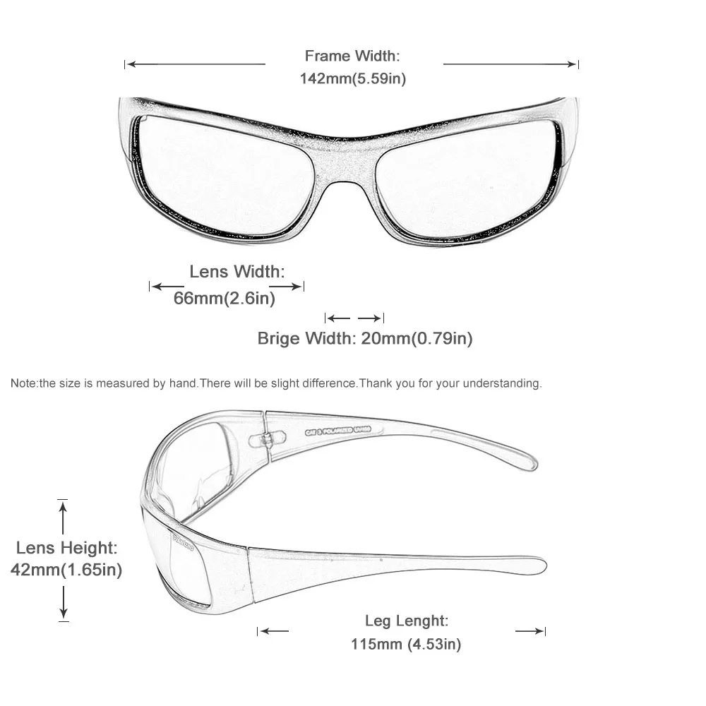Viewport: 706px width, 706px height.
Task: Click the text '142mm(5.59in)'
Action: pos(352,78)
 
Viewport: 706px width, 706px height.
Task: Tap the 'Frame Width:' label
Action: pos(352,56)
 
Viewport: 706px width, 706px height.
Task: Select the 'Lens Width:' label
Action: pos(237,271)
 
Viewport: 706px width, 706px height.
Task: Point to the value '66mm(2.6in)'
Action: pos(225,299)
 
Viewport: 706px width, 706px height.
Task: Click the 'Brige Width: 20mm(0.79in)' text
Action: pos(365,338)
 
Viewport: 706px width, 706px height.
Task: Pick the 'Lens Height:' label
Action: pos(66,547)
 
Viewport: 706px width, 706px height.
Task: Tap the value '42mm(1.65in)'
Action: pos(66,570)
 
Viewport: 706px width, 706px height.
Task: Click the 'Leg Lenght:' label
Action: pos(407,621)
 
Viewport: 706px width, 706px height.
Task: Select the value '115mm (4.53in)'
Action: pos(406,644)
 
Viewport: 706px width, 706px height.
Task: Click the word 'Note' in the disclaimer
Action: pos(23,384)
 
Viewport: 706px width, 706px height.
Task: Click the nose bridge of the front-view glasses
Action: pos(345,166)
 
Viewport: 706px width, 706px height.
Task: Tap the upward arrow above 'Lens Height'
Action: pos(64,518)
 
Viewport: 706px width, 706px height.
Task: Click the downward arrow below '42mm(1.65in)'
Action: pos(64,604)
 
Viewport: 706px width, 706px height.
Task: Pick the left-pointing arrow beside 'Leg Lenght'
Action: pos(274,631)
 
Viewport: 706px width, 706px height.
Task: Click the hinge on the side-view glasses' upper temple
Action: pos(265,440)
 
